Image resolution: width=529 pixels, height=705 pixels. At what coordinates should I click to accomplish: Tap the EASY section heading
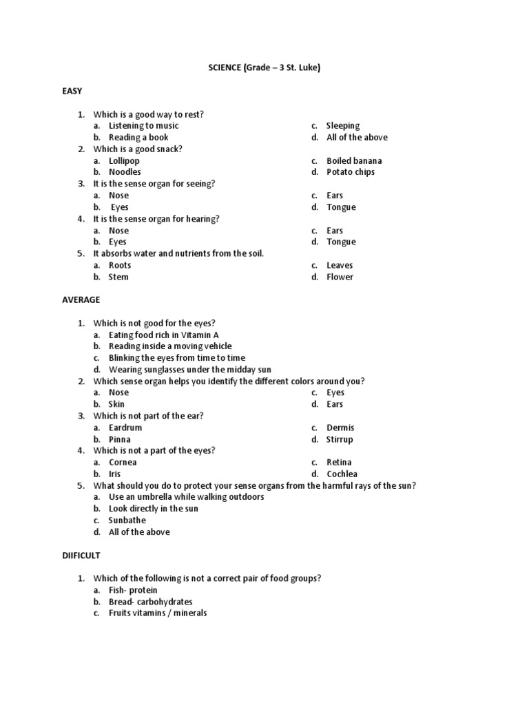tap(72, 91)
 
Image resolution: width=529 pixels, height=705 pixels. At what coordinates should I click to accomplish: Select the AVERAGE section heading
tap(81, 299)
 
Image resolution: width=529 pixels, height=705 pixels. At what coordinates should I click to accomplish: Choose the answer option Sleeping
tap(343, 125)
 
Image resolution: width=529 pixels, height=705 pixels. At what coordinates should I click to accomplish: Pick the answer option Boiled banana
tap(354, 160)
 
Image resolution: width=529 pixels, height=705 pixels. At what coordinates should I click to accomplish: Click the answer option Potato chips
tap(351, 172)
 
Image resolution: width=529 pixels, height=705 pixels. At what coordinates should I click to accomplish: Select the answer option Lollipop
tap(124, 160)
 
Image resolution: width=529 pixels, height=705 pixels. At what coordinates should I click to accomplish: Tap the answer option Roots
tap(120, 265)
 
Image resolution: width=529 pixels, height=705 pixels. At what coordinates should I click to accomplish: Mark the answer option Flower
tap(340, 277)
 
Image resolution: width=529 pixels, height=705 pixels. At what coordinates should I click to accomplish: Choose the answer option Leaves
tap(340, 265)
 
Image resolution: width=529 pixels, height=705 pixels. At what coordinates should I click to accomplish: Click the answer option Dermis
tap(340, 428)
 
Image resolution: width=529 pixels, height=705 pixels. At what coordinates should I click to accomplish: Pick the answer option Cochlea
tap(342, 474)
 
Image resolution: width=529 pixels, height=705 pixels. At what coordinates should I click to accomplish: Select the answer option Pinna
tap(120, 439)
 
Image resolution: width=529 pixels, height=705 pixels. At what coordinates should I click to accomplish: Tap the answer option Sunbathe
tap(127, 520)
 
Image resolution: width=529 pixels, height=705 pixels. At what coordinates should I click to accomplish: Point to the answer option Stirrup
tap(340, 439)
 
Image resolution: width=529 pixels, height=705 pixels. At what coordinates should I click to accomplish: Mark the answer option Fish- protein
tap(133, 590)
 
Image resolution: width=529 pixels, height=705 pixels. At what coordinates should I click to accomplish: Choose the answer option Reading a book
tap(138, 137)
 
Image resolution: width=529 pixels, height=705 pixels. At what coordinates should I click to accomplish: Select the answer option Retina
tap(339, 462)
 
